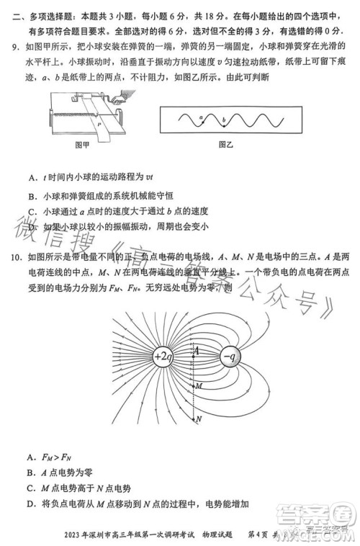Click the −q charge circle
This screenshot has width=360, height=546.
click(x=231, y=357)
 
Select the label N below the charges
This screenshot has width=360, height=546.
click(x=199, y=418)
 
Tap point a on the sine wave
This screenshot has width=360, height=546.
click(x=201, y=117)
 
